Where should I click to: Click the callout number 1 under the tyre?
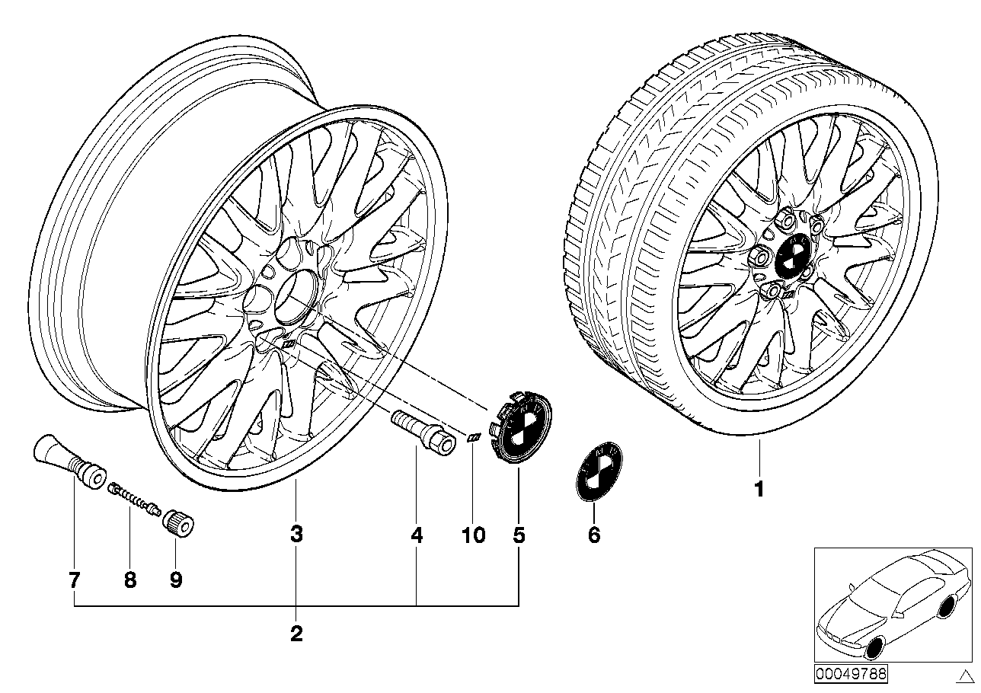[x=759, y=488]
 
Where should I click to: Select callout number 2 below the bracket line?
[x=296, y=633]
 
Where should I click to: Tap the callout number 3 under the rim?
[x=296, y=535]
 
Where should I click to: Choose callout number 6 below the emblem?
[x=594, y=536]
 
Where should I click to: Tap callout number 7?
[x=74, y=580]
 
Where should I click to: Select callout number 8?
[x=129, y=580]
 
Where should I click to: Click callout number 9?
[x=176, y=580]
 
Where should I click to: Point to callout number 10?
[x=473, y=536]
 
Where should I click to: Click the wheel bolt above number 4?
[x=422, y=431]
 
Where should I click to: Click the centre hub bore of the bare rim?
[x=293, y=299]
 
